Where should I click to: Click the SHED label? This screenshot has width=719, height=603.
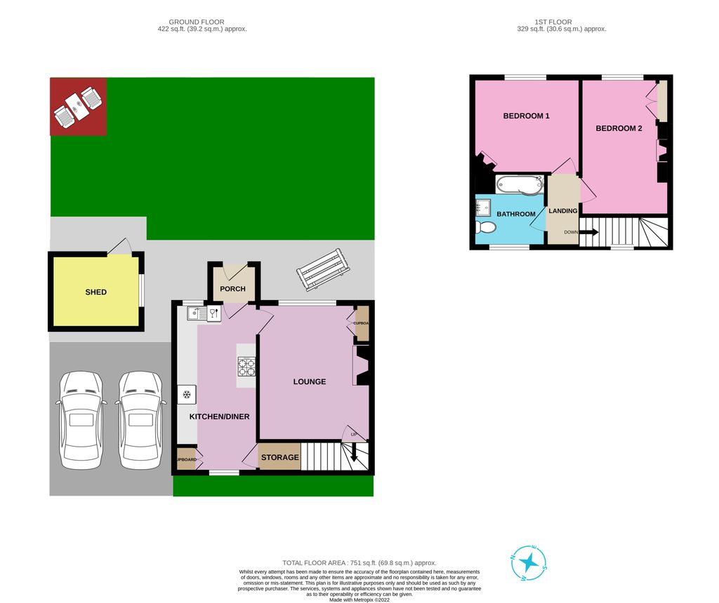(x=96, y=292)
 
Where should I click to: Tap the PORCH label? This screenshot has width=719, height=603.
(x=232, y=289)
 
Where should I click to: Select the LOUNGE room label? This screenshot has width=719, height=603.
(x=310, y=382)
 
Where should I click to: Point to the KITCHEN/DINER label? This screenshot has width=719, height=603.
(x=220, y=416)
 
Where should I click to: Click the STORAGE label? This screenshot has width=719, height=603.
(x=280, y=457)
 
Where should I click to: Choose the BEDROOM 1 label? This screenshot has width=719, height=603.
(x=527, y=116)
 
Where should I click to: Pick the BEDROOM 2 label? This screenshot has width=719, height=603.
(x=619, y=128)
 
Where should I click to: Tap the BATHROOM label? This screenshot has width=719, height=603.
(x=516, y=214)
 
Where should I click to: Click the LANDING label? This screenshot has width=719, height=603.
(x=563, y=211)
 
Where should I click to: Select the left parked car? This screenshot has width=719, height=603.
(x=81, y=419)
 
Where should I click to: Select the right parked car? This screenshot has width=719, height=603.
(x=140, y=419)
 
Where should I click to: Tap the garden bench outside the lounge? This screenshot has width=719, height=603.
(x=324, y=269)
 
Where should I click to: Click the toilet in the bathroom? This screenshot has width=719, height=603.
(x=485, y=227)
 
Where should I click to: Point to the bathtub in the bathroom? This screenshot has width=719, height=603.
(x=520, y=185)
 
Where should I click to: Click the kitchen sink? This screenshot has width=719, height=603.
(x=196, y=314)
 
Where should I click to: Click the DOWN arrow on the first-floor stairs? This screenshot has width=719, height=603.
(x=588, y=232)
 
